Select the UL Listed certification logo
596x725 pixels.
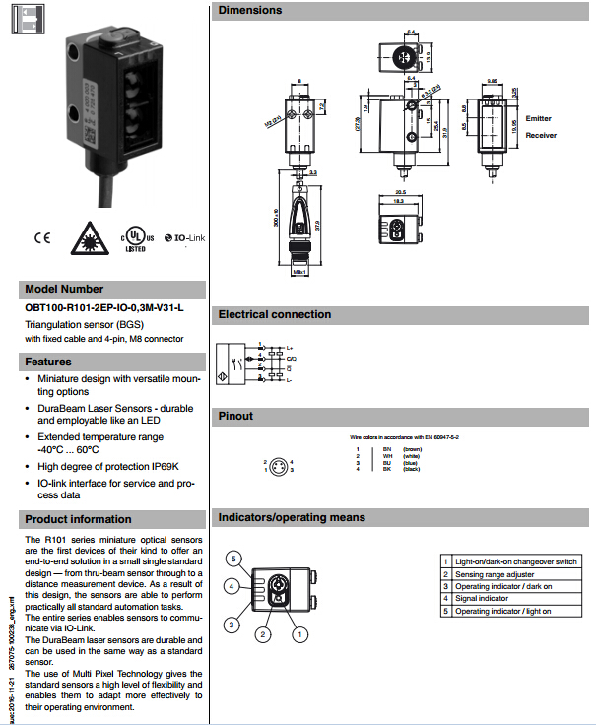tap(137, 239)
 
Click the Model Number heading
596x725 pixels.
tap(65, 290)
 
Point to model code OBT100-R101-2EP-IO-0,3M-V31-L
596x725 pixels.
tap(104, 307)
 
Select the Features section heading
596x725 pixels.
tap(49, 362)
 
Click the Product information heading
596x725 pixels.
tap(79, 519)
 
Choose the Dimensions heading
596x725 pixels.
tap(250, 10)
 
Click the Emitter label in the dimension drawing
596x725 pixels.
tap(539, 118)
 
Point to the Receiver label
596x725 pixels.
tap(541, 135)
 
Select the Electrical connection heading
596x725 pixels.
tap(275, 315)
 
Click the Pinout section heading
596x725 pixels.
tap(236, 416)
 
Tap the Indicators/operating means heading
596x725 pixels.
tap(292, 517)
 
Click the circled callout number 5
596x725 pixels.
tap(233, 559)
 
